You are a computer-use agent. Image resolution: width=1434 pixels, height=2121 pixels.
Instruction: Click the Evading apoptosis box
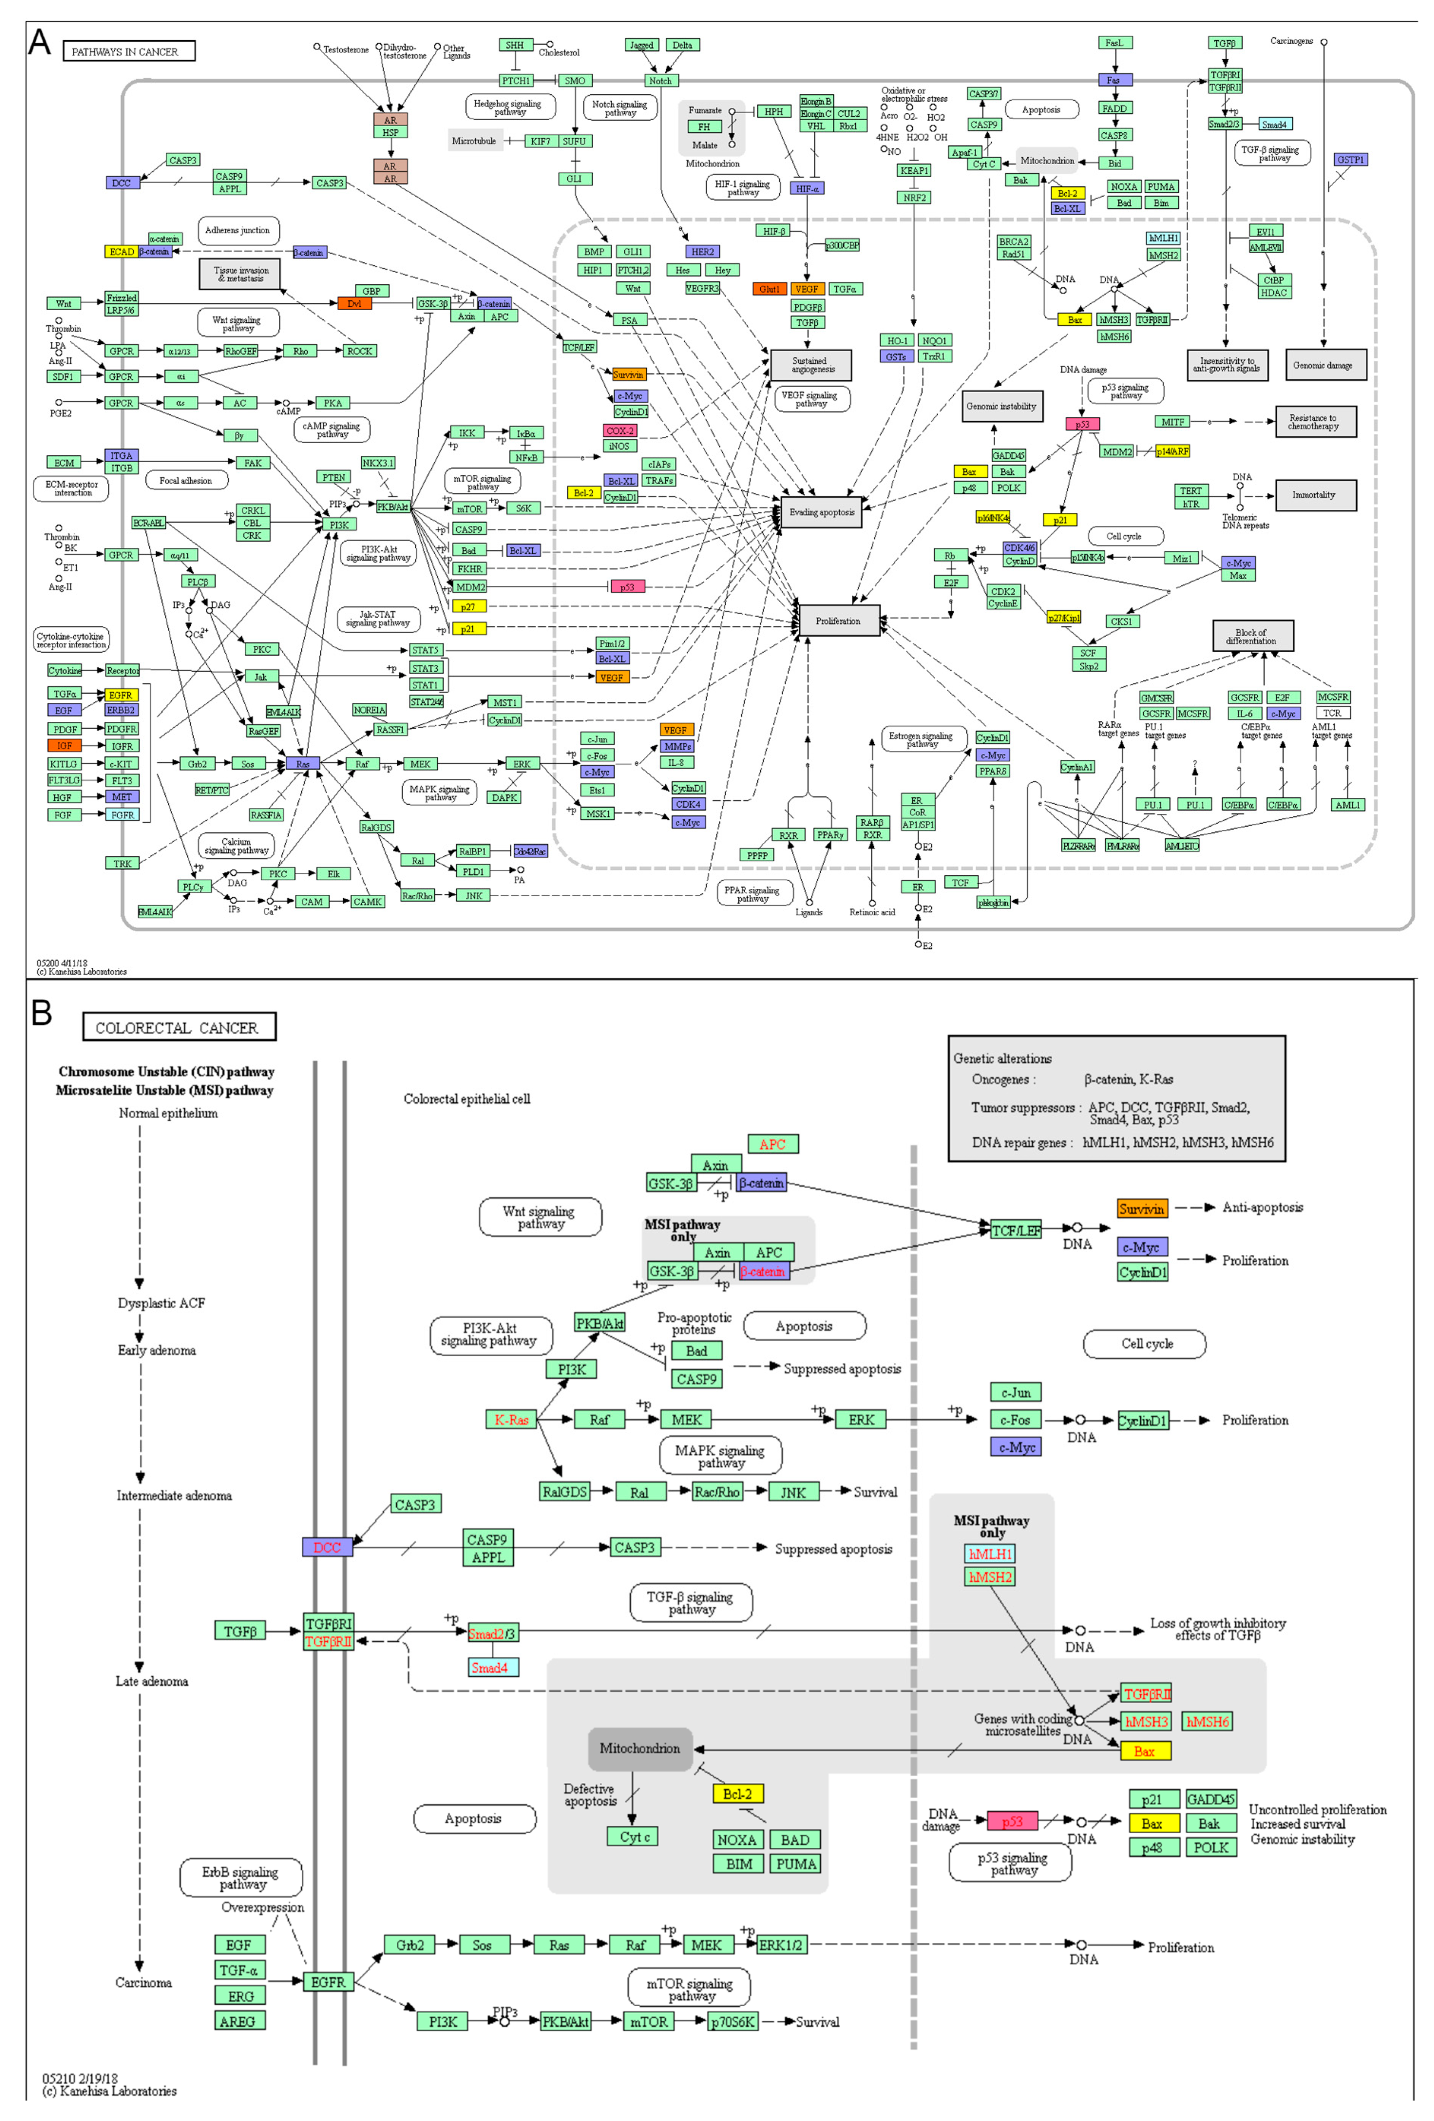pyautogui.click(x=821, y=512)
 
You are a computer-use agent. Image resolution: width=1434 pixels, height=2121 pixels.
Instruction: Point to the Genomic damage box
pyautogui.click(x=1325, y=365)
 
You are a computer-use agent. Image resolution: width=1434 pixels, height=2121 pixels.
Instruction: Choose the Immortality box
pyautogui.click(x=1315, y=495)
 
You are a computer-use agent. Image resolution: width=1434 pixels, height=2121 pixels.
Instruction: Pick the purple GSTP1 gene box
pyautogui.click(x=1350, y=160)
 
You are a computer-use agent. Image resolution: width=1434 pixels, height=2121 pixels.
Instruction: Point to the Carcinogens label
pyautogui.click(x=1291, y=41)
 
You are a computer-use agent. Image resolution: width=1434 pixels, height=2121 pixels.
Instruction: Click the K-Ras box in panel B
pyautogui.click(x=511, y=1419)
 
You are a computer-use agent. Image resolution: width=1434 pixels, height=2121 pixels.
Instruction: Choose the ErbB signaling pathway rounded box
pyautogui.click(x=241, y=1877)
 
